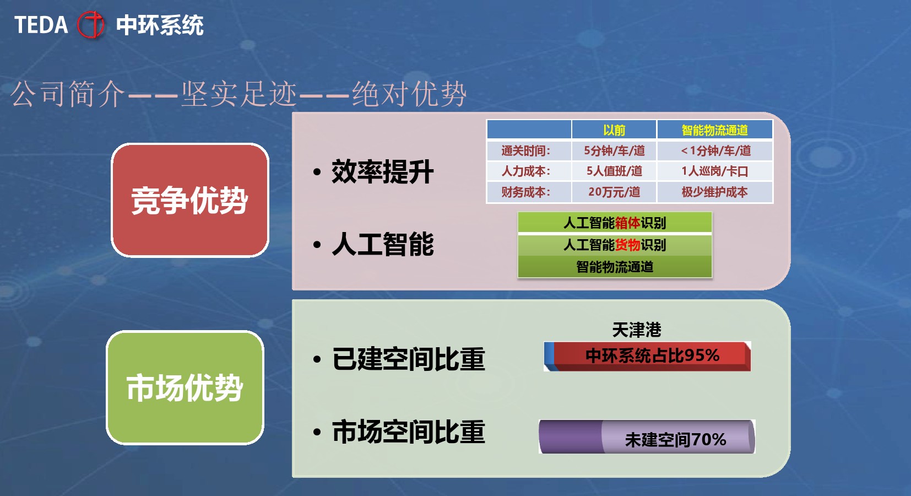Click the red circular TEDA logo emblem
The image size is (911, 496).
[91, 25]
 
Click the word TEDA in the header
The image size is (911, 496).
[41, 25]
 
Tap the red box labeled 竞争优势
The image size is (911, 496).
[190, 200]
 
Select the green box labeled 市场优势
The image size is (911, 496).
[185, 388]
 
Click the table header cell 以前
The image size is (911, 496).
[614, 130]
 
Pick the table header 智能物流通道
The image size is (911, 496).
[714, 130]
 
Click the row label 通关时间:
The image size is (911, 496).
[526, 150]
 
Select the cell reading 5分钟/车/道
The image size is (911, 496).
[614, 150]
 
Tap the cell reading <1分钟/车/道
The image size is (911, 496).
[715, 150]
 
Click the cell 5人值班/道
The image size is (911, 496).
[614, 171]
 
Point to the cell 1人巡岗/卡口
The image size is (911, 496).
[715, 171]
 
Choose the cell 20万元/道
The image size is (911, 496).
[614, 192]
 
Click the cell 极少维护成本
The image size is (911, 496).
[715, 192]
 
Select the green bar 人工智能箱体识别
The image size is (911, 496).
[615, 223]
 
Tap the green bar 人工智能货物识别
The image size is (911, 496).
[615, 245]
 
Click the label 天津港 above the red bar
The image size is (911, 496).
[637, 330]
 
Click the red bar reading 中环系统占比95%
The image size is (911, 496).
[648, 356]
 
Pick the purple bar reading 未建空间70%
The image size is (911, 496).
[647, 436]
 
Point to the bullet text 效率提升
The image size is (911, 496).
[383, 172]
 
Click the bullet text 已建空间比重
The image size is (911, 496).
[408, 359]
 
